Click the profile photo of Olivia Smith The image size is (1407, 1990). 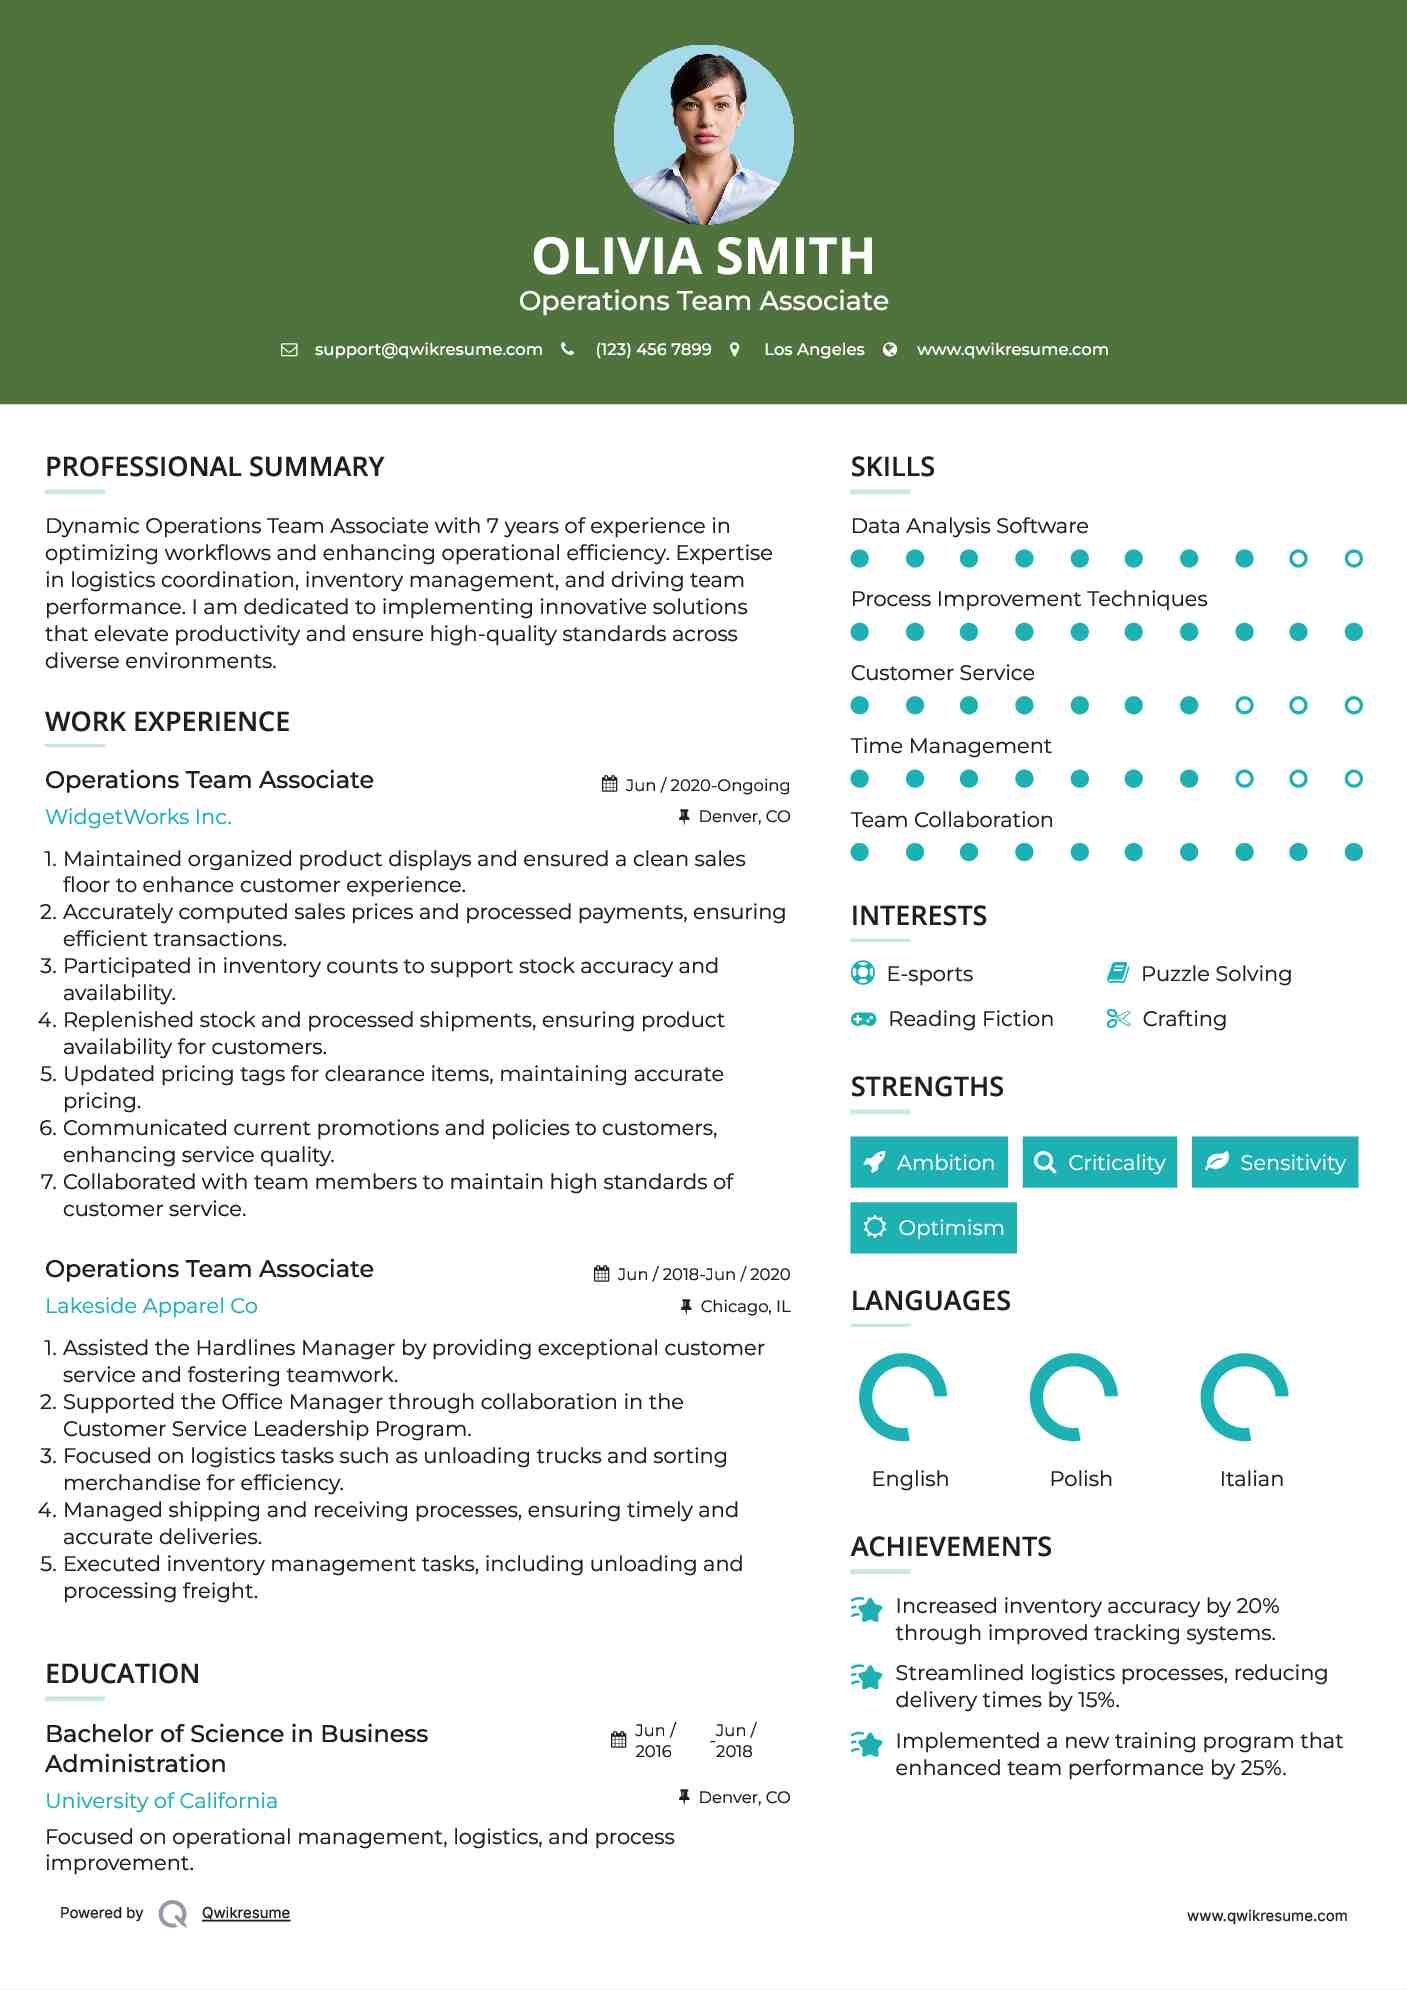point(703,135)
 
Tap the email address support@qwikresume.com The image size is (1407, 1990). point(428,349)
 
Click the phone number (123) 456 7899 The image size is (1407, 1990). point(653,349)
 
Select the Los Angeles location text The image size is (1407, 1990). point(813,349)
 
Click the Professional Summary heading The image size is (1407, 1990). point(214,467)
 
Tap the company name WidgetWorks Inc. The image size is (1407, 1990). point(138,817)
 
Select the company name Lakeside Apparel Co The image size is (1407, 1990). point(151,1306)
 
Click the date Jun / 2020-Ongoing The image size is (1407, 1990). point(706,785)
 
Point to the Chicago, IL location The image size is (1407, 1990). point(744,1306)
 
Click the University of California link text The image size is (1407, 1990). point(161,1800)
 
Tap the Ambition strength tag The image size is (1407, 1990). point(929,1162)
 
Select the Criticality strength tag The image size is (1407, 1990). point(1100,1162)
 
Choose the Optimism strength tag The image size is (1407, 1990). point(933,1227)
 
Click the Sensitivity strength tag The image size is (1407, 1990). point(1275,1162)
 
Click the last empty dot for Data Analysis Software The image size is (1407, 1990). point(1353,559)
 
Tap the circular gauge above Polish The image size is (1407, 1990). point(1074,1397)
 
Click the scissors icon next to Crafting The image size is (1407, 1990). point(1118,1018)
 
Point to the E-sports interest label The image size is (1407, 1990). point(929,973)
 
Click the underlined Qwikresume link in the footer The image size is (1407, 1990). point(246,1913)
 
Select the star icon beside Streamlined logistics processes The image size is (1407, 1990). point(867,1676)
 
